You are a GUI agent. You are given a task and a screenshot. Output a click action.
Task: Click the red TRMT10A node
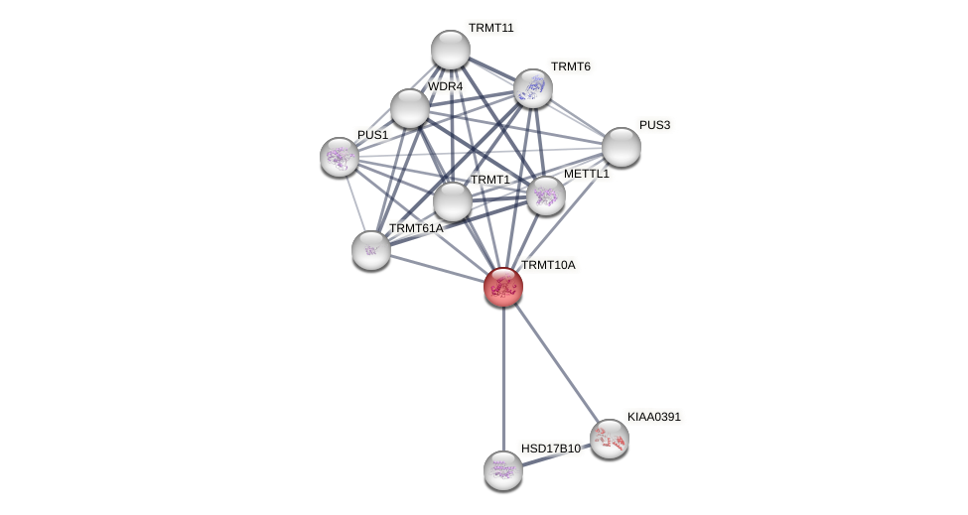(503, 287)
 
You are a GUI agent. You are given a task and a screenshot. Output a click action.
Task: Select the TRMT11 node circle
(451, 50)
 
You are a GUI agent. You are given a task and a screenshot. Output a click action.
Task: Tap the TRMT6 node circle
(533, 88)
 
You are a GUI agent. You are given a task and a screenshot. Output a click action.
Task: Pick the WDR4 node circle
(410, 108)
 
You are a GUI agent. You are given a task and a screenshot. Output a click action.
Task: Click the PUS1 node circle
(340, 157)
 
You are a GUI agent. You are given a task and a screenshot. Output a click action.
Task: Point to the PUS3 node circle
(622, 147)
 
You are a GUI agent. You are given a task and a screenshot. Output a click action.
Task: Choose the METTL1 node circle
(546, 195)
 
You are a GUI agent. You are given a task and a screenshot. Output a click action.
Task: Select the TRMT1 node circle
(453, 201)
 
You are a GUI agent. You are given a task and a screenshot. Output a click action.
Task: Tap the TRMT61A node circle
(371, 250)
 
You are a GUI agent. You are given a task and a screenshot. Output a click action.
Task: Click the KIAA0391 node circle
(610, 439)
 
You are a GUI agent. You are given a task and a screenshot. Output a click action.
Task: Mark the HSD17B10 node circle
(503, 470)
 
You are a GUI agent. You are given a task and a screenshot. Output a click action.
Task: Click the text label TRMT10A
(548, 265)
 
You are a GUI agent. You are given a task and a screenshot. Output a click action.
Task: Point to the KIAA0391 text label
(653, 417)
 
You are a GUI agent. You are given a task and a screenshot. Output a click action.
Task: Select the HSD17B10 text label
(550, 449)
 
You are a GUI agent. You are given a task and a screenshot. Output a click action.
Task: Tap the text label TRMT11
(490, 28)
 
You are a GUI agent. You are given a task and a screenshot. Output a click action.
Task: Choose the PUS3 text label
(654, 125)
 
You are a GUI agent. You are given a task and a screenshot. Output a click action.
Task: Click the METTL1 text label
(586, 174)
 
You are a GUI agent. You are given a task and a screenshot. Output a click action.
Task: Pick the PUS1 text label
(372, 135)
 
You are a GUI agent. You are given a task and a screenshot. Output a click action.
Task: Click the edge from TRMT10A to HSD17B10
(503, 377)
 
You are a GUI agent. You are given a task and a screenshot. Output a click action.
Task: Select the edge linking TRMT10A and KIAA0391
(556, 362)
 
